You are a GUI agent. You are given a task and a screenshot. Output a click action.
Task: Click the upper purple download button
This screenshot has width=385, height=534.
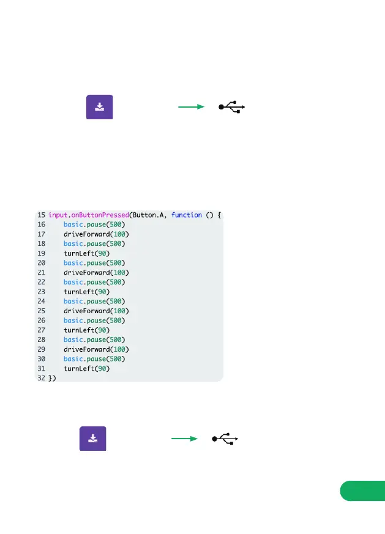tap(99, 107)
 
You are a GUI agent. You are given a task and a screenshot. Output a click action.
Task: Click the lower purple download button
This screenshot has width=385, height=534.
tap(92, 438)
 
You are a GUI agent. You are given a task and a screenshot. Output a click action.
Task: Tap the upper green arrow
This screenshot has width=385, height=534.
tap(190, 107)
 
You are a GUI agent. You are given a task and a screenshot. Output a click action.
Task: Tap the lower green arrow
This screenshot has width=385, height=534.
tap(184, 439)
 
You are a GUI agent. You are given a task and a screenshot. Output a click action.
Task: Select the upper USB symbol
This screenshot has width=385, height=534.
tap(232, 107)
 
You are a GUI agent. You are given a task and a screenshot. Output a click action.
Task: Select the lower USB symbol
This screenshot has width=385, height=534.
tap(225, 439)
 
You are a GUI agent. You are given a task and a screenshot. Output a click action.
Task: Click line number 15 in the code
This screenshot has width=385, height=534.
tap(41, 215)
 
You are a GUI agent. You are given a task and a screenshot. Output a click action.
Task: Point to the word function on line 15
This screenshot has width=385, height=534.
tap(187, 215)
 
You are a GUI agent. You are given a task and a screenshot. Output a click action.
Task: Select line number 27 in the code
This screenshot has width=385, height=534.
tap(41, 330)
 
